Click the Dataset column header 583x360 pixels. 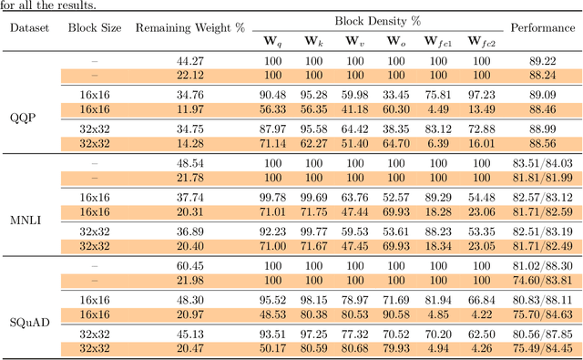coord(30,27)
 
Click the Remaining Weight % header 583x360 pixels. coord(189,27)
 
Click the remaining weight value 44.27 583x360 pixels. coord(189,61)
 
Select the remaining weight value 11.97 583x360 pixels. coord(189,108)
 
